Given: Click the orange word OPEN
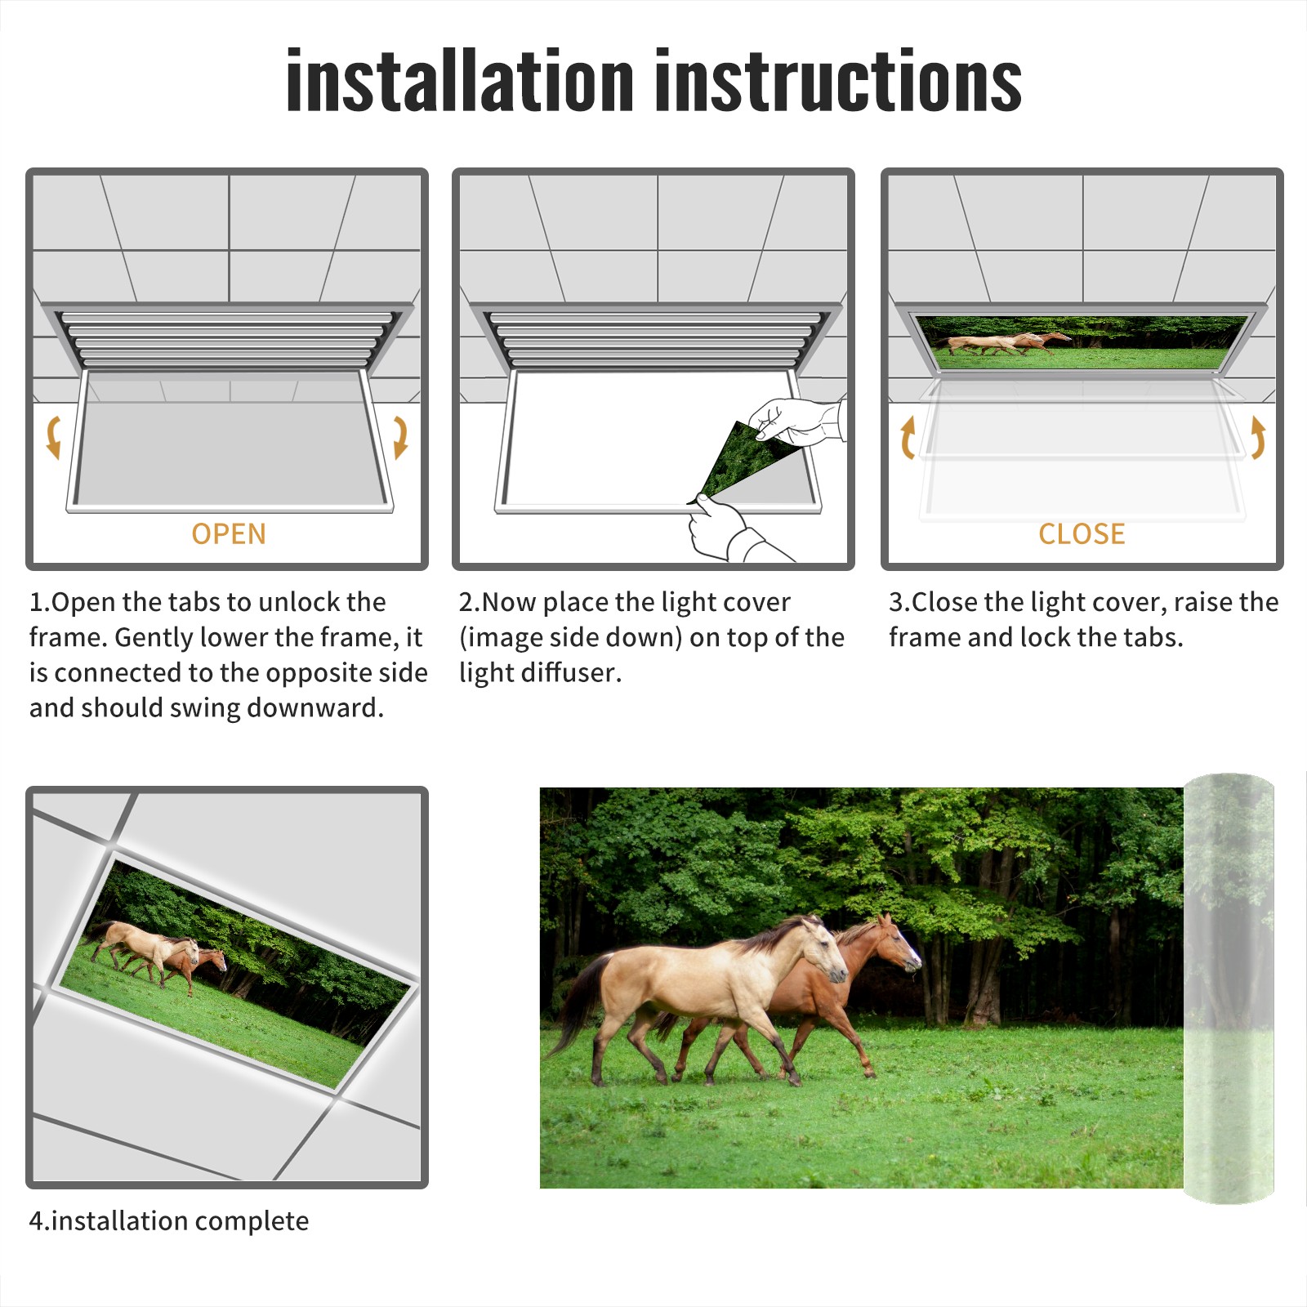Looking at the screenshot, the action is (229, 534).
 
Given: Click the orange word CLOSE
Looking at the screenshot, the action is (1082, 534).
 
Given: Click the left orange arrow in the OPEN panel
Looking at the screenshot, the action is (53, 437).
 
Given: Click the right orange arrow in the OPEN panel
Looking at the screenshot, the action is (400, 437).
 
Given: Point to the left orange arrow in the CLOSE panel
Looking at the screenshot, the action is (907, 437).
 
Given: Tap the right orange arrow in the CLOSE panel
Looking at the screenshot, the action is (1258, 437).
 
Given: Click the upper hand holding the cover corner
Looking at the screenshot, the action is (796, 420).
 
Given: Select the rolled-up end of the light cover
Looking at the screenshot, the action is (1229, 988).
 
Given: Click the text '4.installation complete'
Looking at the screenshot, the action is (169, 1221).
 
